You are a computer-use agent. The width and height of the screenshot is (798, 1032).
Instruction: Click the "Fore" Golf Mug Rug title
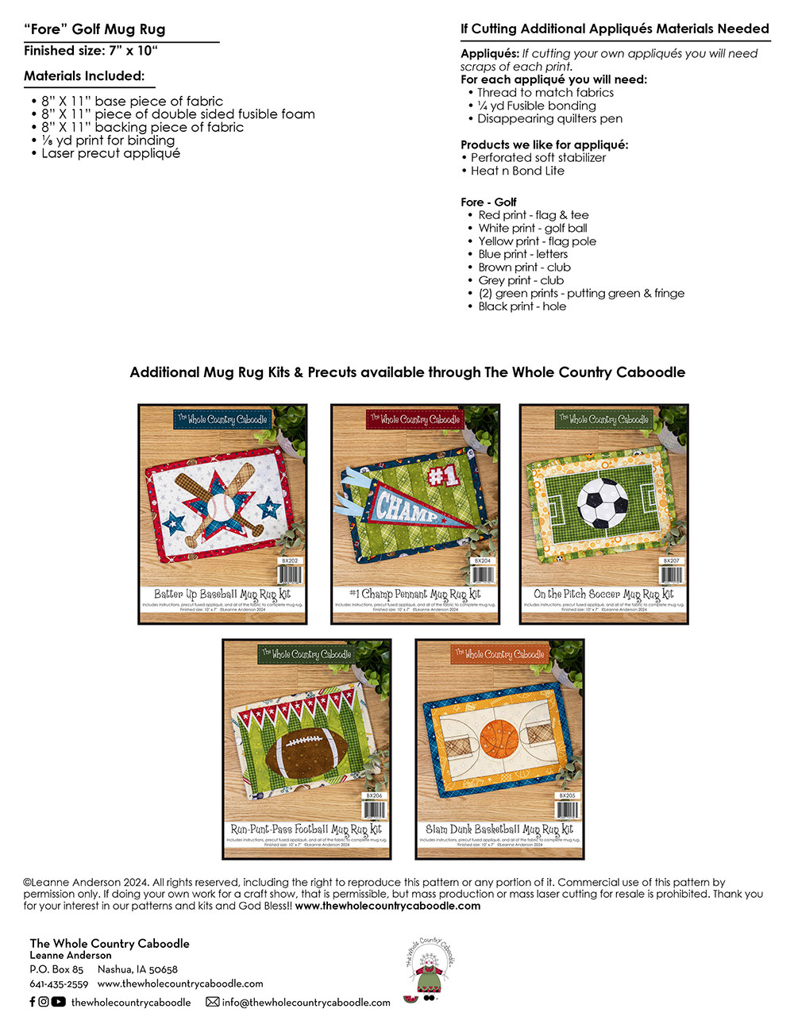pyautogui.click(x=94, y=29)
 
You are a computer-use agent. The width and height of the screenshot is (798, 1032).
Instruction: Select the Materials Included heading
pyautogui.click(x=84, y=76)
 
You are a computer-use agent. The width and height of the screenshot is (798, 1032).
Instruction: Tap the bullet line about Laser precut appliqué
pyautogui.click(x=110, y=153)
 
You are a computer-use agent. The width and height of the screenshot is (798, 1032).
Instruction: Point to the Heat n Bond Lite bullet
pyautogui.click(x=517, y=171)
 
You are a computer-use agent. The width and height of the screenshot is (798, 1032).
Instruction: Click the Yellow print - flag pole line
pyautogui.click(x=537, y=241)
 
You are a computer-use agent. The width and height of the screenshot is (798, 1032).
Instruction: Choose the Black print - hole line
pyautogui.click(x=522, y=306)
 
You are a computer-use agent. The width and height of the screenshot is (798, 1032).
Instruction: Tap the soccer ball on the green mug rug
pyautogui.click(x=602, y=502)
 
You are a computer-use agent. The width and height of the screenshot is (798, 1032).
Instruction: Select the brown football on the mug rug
pyautogui.click(x=306, y=749)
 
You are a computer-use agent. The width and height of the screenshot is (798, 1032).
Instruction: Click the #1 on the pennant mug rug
pyautogui.click(x=443, y=476)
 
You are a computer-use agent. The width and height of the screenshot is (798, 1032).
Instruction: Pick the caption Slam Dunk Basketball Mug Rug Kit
pyautogui.click(x=499, y=830)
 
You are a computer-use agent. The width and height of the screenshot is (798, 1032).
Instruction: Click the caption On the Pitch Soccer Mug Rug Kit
pyautogui.click(x=603, y=594)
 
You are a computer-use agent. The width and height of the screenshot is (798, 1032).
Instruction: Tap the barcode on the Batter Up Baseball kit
pyautogui.click(x=290, y=574)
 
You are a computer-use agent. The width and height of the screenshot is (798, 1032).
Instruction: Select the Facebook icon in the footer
pyautogui.click(x=33, y=1002)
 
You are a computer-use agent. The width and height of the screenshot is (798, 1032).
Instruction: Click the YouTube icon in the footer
pyautogui.click(x=59, y=1002)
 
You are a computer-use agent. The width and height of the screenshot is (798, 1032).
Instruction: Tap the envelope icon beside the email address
pyautogui.click(x=213, y=1002)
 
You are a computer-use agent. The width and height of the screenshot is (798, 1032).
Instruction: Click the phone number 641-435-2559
pyautogui.click(x=59, y=984)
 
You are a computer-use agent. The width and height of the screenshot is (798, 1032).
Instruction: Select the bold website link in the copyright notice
pyautogui.click(x=387, y=906)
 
